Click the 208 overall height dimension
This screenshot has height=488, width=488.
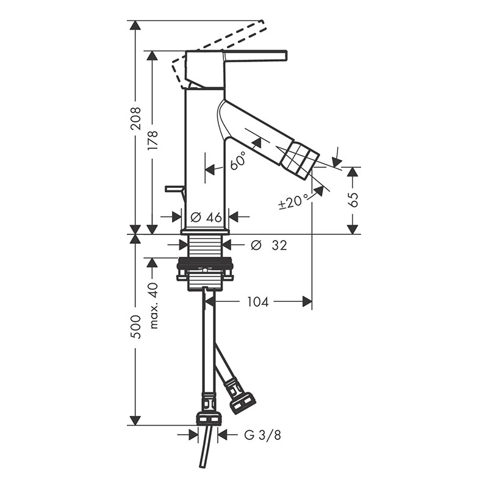pos(136,118)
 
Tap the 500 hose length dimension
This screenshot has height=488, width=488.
pos(136,327)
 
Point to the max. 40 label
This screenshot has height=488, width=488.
pos(154,306)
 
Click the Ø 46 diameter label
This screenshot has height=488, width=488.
pos(206,217)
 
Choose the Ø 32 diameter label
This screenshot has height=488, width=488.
pos(269,246)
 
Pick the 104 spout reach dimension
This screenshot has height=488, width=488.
pos(257,301)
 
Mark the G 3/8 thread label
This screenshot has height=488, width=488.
pos(263,435)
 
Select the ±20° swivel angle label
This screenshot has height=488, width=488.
pos(294,201)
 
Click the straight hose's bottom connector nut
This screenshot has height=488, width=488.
pos(209,419)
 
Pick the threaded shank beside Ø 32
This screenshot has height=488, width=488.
pos(205,246)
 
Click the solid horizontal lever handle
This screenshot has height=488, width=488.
pos(254,55)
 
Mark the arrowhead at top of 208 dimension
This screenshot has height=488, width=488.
pos(135,25)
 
